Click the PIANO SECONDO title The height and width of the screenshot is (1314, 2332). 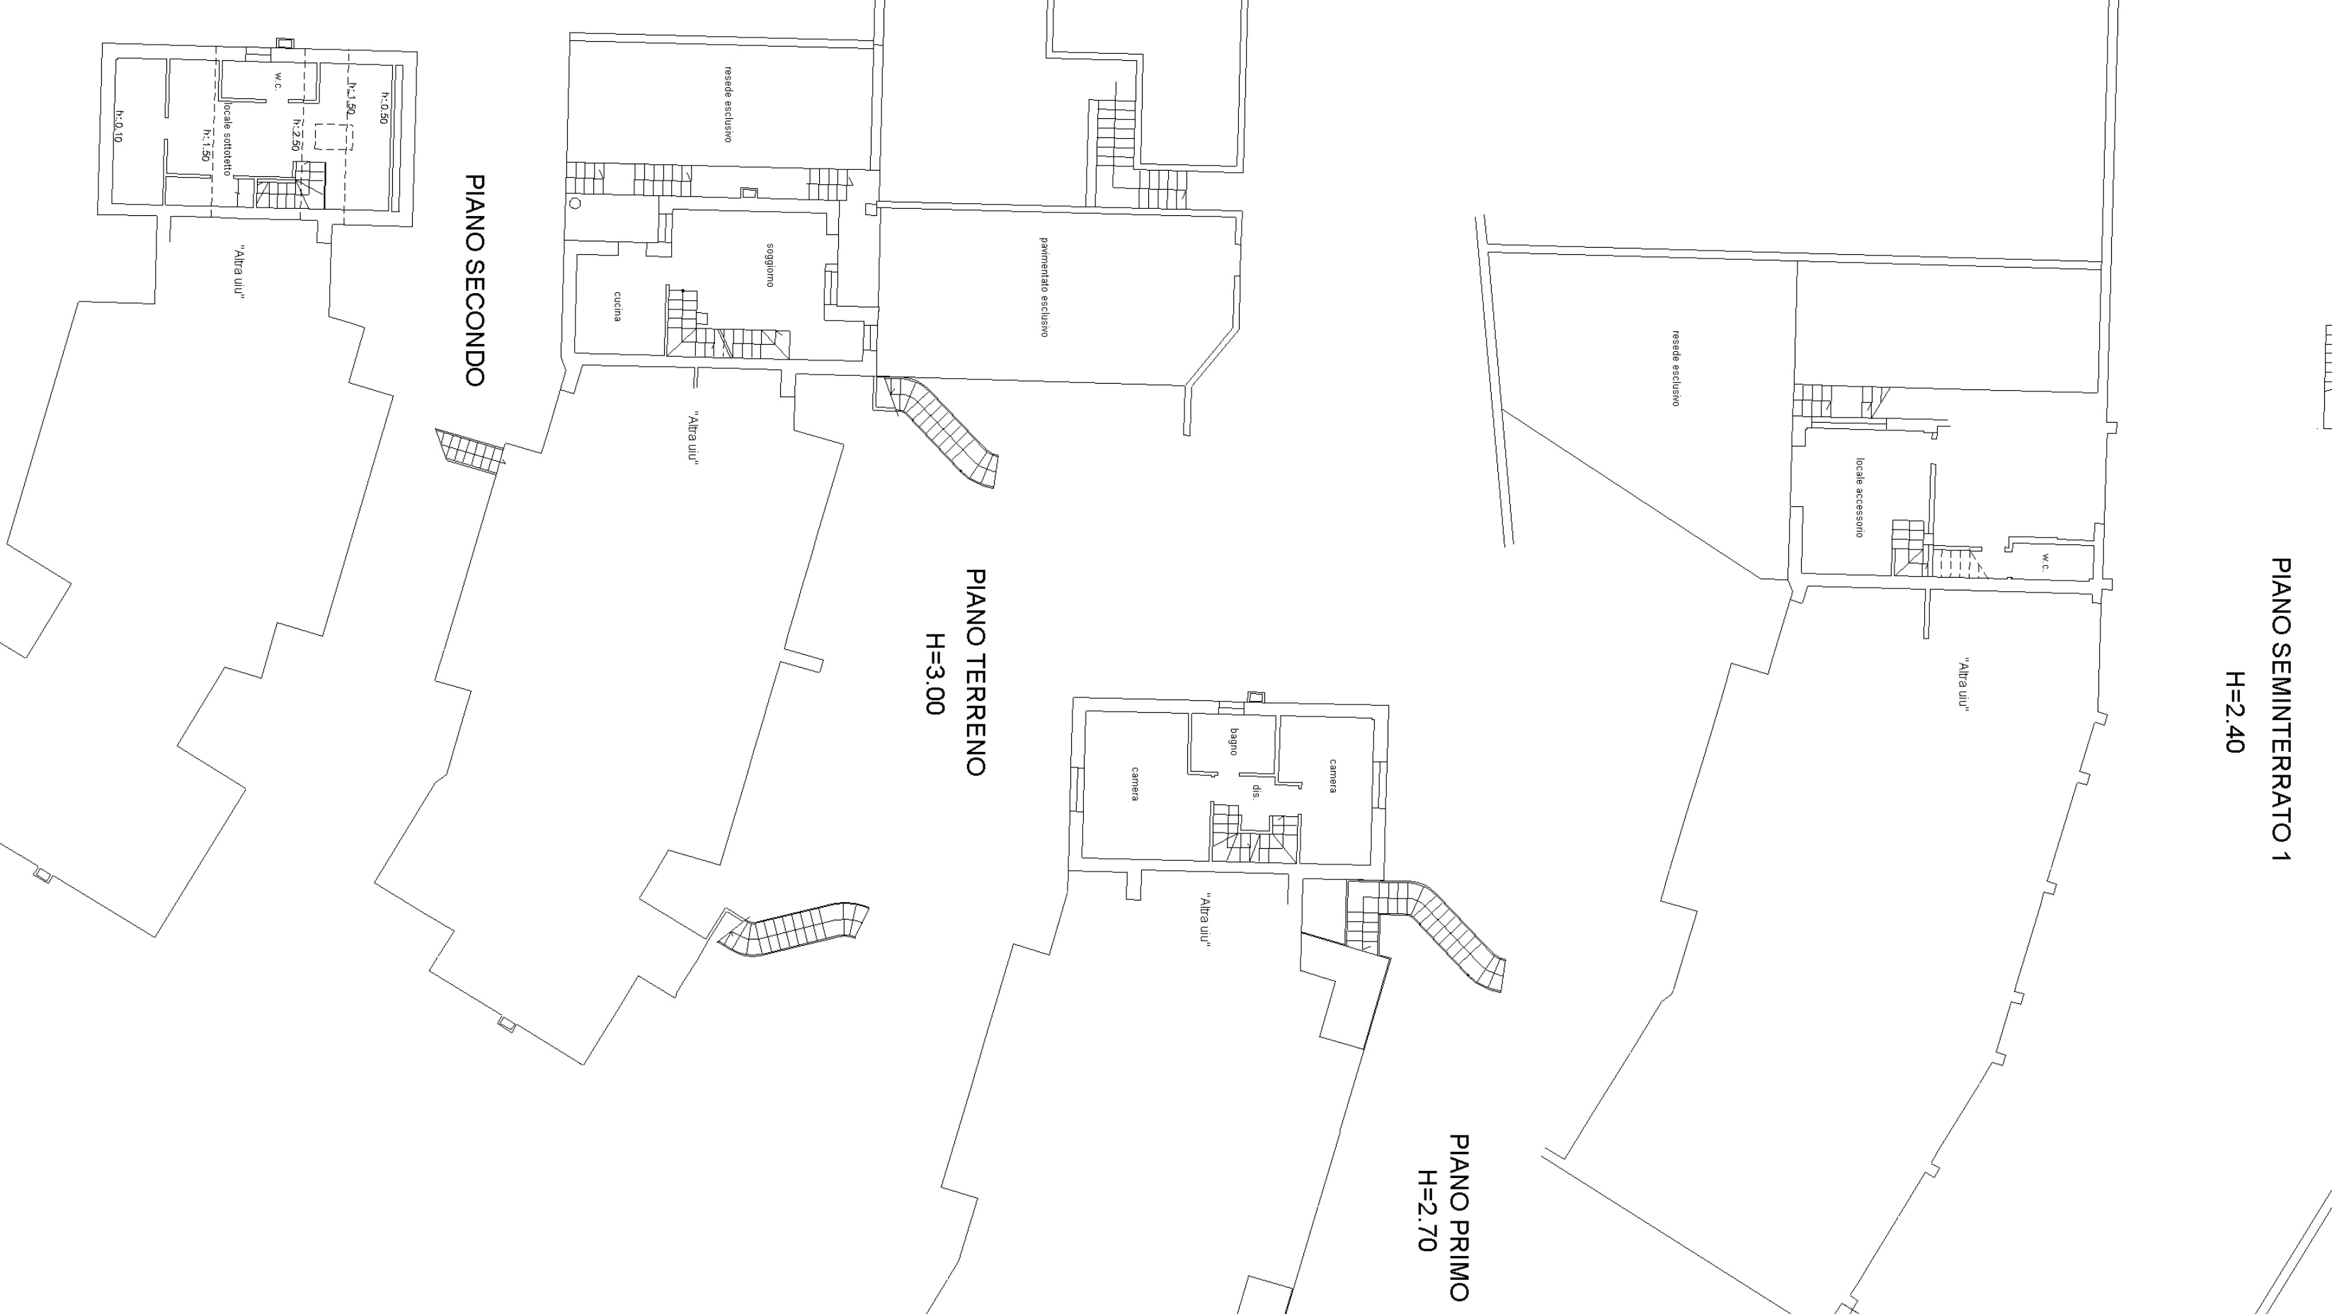coord(474,281)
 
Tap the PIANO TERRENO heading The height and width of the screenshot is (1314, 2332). coord(975,672)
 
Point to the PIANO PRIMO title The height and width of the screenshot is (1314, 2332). coord(1458,1217)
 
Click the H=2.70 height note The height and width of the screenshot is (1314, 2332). coord(1427,1211)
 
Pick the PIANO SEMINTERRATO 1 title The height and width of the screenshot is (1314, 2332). coord(2281,710)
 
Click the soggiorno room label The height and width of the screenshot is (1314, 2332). coord(770,265)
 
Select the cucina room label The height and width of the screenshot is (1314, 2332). coord(617,306)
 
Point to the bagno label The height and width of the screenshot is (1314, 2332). coord(1233,741)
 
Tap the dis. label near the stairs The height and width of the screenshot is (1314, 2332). coord(1256,792)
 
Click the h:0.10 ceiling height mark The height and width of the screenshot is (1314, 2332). coord(118,126)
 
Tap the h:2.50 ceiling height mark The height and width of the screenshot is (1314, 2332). coord(296,135)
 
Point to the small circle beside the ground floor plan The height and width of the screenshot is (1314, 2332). coord(574,203)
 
